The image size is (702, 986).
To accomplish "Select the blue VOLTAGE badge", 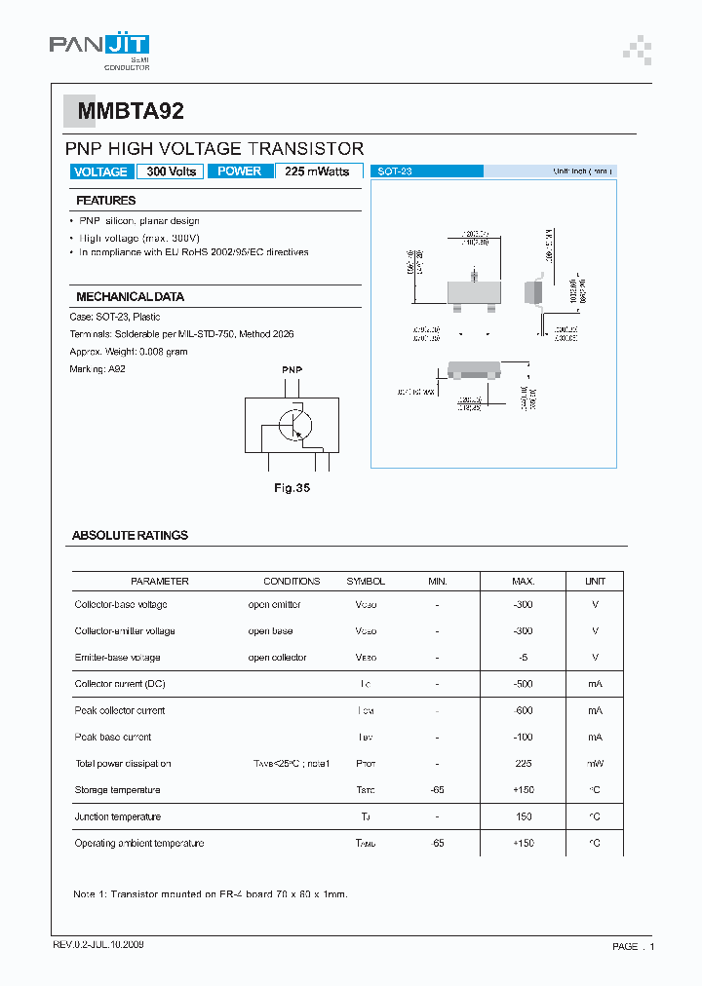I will click(100, 171).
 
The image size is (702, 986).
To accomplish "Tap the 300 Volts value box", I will click(172, 171).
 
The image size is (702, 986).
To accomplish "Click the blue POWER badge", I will click(240, 171).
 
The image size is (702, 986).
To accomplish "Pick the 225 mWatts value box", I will click(319, 171).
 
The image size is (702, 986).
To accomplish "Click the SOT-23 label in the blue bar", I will click(395, 171).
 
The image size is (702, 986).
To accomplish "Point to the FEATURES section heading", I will click(106, 201).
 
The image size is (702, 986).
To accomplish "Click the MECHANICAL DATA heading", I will click(130, 296).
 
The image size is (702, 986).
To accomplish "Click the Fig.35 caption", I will click(291, 488).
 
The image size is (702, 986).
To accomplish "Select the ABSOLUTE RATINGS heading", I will click(130, 535).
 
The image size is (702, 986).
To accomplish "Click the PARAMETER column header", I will click(159, 581).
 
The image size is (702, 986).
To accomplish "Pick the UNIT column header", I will click(595, 581).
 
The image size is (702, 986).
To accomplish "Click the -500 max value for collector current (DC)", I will click(524, 684).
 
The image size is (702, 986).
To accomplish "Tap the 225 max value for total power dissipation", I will click(524, 763).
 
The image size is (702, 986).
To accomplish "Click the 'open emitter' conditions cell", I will click(274, 604).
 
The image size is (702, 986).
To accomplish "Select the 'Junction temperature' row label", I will click(118, 816).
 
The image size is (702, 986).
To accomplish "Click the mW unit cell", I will click(595, 763).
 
